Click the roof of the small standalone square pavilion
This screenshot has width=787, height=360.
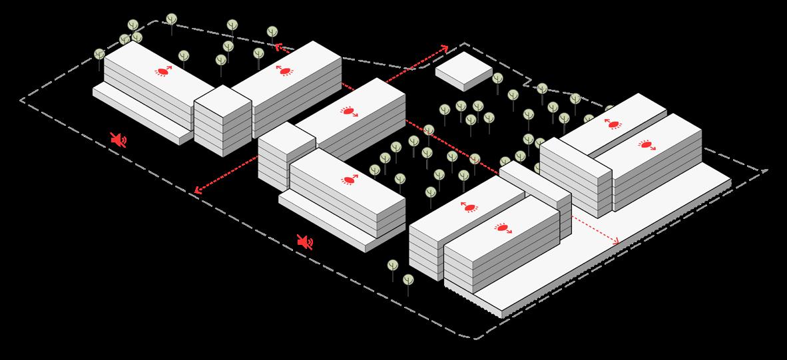463,69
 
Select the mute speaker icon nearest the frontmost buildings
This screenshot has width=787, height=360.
305,243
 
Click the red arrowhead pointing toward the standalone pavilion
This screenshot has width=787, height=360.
445,49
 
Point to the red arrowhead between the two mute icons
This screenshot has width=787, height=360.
197,191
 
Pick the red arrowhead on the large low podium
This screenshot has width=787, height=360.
615,240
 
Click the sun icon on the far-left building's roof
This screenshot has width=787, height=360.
163,71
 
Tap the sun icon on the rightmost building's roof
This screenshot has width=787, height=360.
645,144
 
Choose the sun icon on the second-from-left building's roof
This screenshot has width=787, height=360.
284,70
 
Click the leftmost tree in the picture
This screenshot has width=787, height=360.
100,55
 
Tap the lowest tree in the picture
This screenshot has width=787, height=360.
408,279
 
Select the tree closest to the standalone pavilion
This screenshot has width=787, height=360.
497,79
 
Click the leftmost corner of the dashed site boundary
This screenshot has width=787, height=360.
21,100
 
